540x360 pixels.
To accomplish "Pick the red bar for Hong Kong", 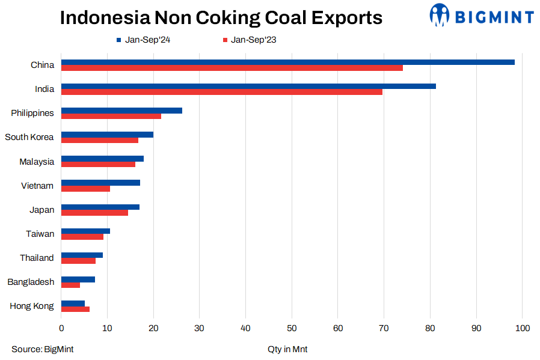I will (75, 309).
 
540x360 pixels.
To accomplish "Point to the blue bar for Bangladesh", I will (78, 279).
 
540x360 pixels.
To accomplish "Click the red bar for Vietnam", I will (85, 189).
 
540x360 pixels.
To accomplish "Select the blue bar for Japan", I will (100, 207).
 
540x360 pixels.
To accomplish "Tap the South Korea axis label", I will (29, 137).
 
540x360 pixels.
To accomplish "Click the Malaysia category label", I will (37, 162).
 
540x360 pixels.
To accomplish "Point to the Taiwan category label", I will (40, 234).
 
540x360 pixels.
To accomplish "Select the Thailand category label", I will (37, 258).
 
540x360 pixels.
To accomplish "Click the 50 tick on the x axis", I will (292, 328).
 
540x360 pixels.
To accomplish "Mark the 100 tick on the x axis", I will (522, 328).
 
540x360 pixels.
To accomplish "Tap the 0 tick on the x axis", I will (61, 328).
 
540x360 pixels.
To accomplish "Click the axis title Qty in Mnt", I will (287, 349).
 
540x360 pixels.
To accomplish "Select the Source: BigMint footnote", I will (42, 349).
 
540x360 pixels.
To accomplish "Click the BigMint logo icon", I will (440, 15).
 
